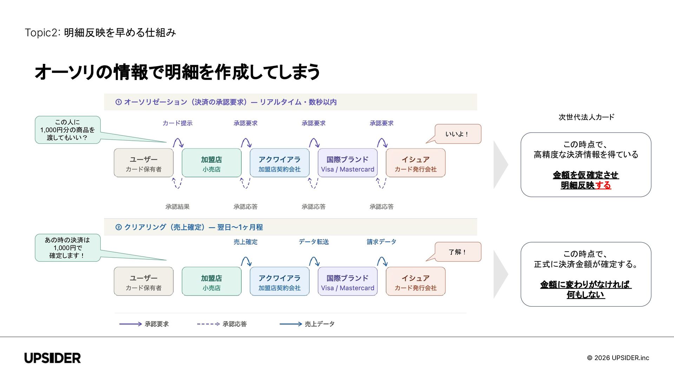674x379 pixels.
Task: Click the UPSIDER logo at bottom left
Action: [x=53, y=358]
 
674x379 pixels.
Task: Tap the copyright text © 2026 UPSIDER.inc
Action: [x=618, y=358]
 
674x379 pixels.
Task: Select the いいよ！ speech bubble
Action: [x=457, y=134]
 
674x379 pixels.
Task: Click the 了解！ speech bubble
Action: [x=457, y=252]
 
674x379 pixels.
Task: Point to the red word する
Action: [x=603, y=185]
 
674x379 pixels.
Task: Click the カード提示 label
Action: [x=177, y=123]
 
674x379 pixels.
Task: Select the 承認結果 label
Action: [x=177, y=207]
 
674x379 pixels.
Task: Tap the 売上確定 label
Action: [x=245, y=242]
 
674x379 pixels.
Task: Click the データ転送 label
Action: [x=313, y=242]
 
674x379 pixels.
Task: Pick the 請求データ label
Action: [x=382, y=242]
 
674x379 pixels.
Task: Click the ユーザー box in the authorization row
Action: [x=144, y=163]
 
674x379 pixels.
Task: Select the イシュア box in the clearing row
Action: [x=416, y=281]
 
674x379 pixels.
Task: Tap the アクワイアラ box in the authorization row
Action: [x=279, y=163]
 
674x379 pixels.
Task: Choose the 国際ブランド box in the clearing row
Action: [x=348, y=281]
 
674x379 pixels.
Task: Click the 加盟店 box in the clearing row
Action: [x=211, y=281]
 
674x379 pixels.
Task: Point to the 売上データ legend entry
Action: [x=307, y=324]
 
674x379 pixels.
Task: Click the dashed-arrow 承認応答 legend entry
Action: [x=222, y=324]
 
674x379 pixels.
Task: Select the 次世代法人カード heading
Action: [x=586, y=117]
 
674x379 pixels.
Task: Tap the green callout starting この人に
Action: [x=67, y=130]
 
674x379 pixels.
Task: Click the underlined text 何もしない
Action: [x=586, y=295]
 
